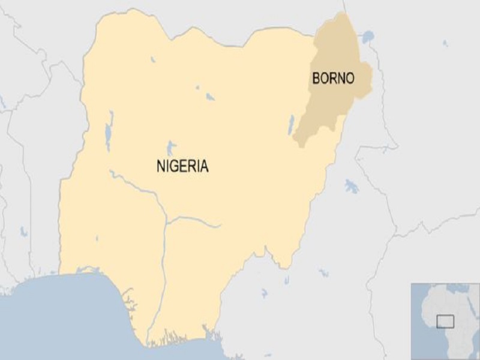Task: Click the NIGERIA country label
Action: click(x=182, y=166)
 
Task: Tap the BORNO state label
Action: click(x=333, y=78)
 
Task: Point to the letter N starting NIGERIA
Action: click(x=160, y=166)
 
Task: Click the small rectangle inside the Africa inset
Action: click(x=445, y=321)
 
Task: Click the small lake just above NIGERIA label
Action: click(x=171, y=146)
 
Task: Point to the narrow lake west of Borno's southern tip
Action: click(x=291, y=125)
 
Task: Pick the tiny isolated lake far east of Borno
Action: click(x=445, y=43)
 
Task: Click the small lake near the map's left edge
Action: click(x=23, y=230)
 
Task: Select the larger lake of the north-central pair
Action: click(x=210, y=96)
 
